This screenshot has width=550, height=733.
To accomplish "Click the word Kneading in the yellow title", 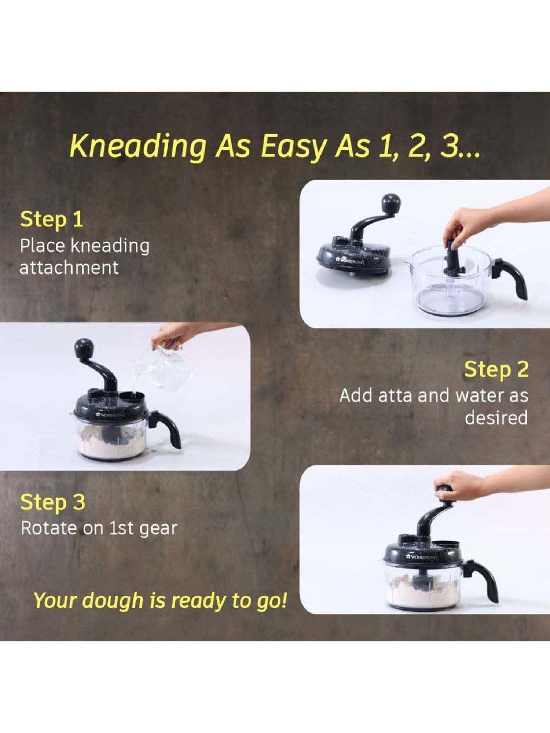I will (137, 146).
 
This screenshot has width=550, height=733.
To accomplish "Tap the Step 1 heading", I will (52, 220).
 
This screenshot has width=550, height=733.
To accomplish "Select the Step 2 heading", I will (496, 369).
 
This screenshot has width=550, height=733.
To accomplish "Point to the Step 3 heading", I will (52, 502).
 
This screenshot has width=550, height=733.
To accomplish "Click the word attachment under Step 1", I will (69, 268).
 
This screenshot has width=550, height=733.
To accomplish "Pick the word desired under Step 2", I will (496, 418).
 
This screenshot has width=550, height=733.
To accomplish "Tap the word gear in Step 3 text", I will (160, 528).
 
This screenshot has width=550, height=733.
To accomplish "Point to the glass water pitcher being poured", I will (165, 366).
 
